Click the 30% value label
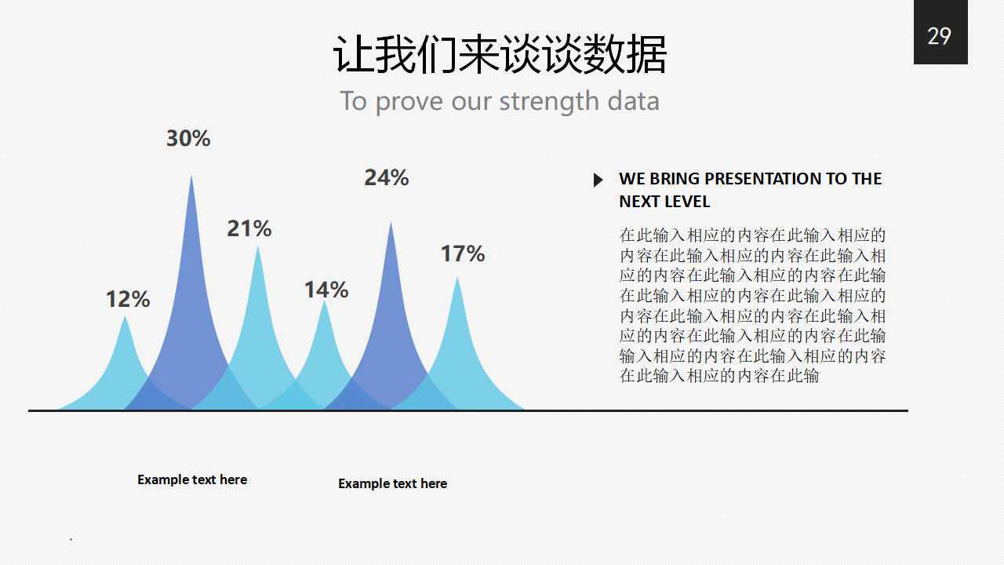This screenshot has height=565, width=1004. tap(188, 139)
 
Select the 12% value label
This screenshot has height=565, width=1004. tap(128, 299)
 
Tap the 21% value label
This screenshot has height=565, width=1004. tap(249, 228)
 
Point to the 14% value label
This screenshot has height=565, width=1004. tap(326, 290)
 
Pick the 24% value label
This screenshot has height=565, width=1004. tap(386, 178)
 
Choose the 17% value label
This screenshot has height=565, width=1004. tap(462, 253)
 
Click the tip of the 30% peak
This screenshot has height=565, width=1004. tap(191, 177)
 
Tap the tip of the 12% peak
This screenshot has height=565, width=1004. tap(125, 317)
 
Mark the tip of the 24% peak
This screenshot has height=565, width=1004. tap(391, 224)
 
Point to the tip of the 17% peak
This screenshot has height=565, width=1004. tap(457, 279)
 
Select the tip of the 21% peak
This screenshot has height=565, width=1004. tap(258, 248)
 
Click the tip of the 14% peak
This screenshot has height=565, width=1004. tap(325, 302)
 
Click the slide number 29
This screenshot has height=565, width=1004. tap(939, 36)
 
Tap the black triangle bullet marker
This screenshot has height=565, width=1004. tap(598, 180)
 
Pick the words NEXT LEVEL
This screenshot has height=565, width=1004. tap(664, 202)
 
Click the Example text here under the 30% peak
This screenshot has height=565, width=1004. tap(192, 479)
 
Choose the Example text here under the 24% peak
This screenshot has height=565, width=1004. tap(392, 483)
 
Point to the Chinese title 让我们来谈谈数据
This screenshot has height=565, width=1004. tap(500, 56)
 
